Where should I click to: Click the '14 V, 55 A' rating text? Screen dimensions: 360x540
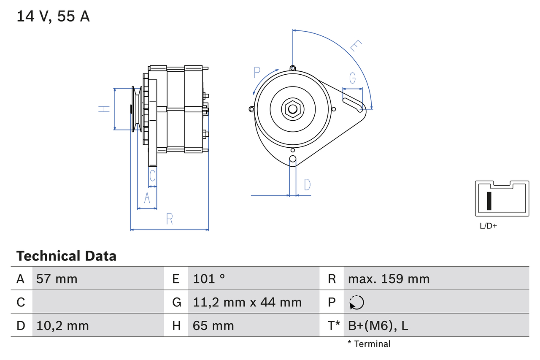coord(53,16)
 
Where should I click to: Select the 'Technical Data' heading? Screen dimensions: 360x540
coord(66,256)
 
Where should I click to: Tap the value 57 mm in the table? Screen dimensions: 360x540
coord(57,279)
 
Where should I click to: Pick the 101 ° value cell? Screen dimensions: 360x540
coord(209,279)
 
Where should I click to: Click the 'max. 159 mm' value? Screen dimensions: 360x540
coord(389,279)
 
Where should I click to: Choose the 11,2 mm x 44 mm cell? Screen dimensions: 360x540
coord(247,302)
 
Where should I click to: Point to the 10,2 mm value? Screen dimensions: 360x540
coord(62,325)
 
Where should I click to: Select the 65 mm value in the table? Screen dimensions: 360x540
coord(213,325)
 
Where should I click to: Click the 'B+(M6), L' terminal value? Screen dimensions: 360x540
coord(378,325)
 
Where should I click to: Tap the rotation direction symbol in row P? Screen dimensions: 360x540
coord(356,302)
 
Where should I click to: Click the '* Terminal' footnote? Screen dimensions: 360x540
coord(369,344)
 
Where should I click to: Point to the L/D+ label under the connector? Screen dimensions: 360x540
coord(489,226)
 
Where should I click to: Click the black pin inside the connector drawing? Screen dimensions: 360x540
coord(489,201)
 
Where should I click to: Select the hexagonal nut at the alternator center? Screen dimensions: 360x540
coord(292,109)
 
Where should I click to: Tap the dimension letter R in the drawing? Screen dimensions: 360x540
coord(169,219)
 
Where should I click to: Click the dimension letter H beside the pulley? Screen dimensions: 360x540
coord(104,109)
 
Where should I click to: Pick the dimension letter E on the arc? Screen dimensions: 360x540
coord(356,46)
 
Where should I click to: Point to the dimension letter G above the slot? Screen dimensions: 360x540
coord(352,78)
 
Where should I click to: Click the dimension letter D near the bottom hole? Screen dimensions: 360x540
coord(307,184)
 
